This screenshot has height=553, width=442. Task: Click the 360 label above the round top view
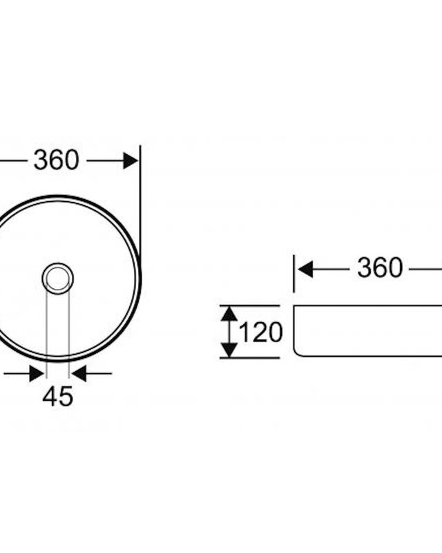point(57,160)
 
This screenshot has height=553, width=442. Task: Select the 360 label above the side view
point(380,268)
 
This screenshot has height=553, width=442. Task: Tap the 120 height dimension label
point(261,332)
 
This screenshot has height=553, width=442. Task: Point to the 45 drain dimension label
point(58,396)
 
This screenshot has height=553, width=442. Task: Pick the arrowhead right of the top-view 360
point(131,161)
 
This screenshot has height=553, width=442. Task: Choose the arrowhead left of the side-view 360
point(305,270)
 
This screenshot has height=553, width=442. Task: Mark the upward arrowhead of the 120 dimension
point(229,314)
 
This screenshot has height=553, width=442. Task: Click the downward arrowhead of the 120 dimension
point(229,350)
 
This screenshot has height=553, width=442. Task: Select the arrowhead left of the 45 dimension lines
point(37,373)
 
